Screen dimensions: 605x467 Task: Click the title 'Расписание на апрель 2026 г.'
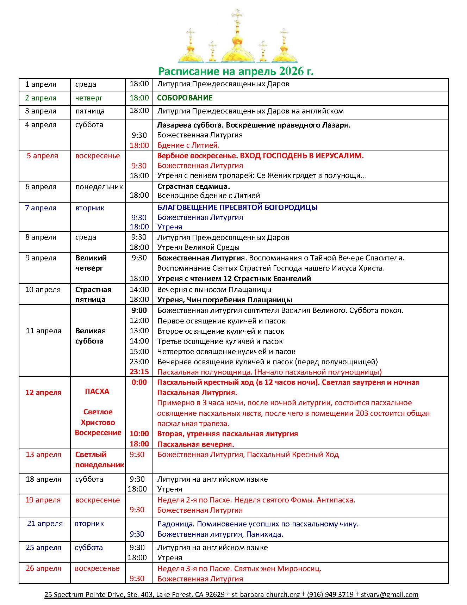pyautogui.click(x=236, y=72)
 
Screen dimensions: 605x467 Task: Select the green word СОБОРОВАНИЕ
pyautogui.click(x=185, y=98)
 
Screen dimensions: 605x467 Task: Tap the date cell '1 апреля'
pyautogui.click(x=41, y=84)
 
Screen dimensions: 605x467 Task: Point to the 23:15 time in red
pyautogui.click(x=139, y=372)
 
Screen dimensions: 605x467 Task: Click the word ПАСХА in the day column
pyautogui.click(x=97, y=391)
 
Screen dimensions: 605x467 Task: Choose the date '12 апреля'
pyautogui.click(x=43, y=393)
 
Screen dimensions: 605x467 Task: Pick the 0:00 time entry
pyautogui.click(x=139, y=382)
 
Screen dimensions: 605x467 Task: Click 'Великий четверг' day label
pyautogui.click(x=91, y=263)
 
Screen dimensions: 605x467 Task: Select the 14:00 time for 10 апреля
pyautogui.click(x=139, y=290)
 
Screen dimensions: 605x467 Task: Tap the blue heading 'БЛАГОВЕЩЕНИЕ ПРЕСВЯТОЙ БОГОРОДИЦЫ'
pyautogui.click(x=237, y=208)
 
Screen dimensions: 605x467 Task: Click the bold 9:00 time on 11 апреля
pyautogui.click(x=139, y=310)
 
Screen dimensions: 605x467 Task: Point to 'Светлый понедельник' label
pyautogui.click(x=99, y=459)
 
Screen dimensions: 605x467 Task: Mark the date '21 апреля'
pyautogui.click(x=45, y=524)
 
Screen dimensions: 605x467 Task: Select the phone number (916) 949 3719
pyautogui.click(x=330, y=594)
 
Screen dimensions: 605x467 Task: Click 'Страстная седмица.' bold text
pyautogui.click(x=193, y=186)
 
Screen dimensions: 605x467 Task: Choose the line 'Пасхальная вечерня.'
pyautogui.click(x=195, y=444)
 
